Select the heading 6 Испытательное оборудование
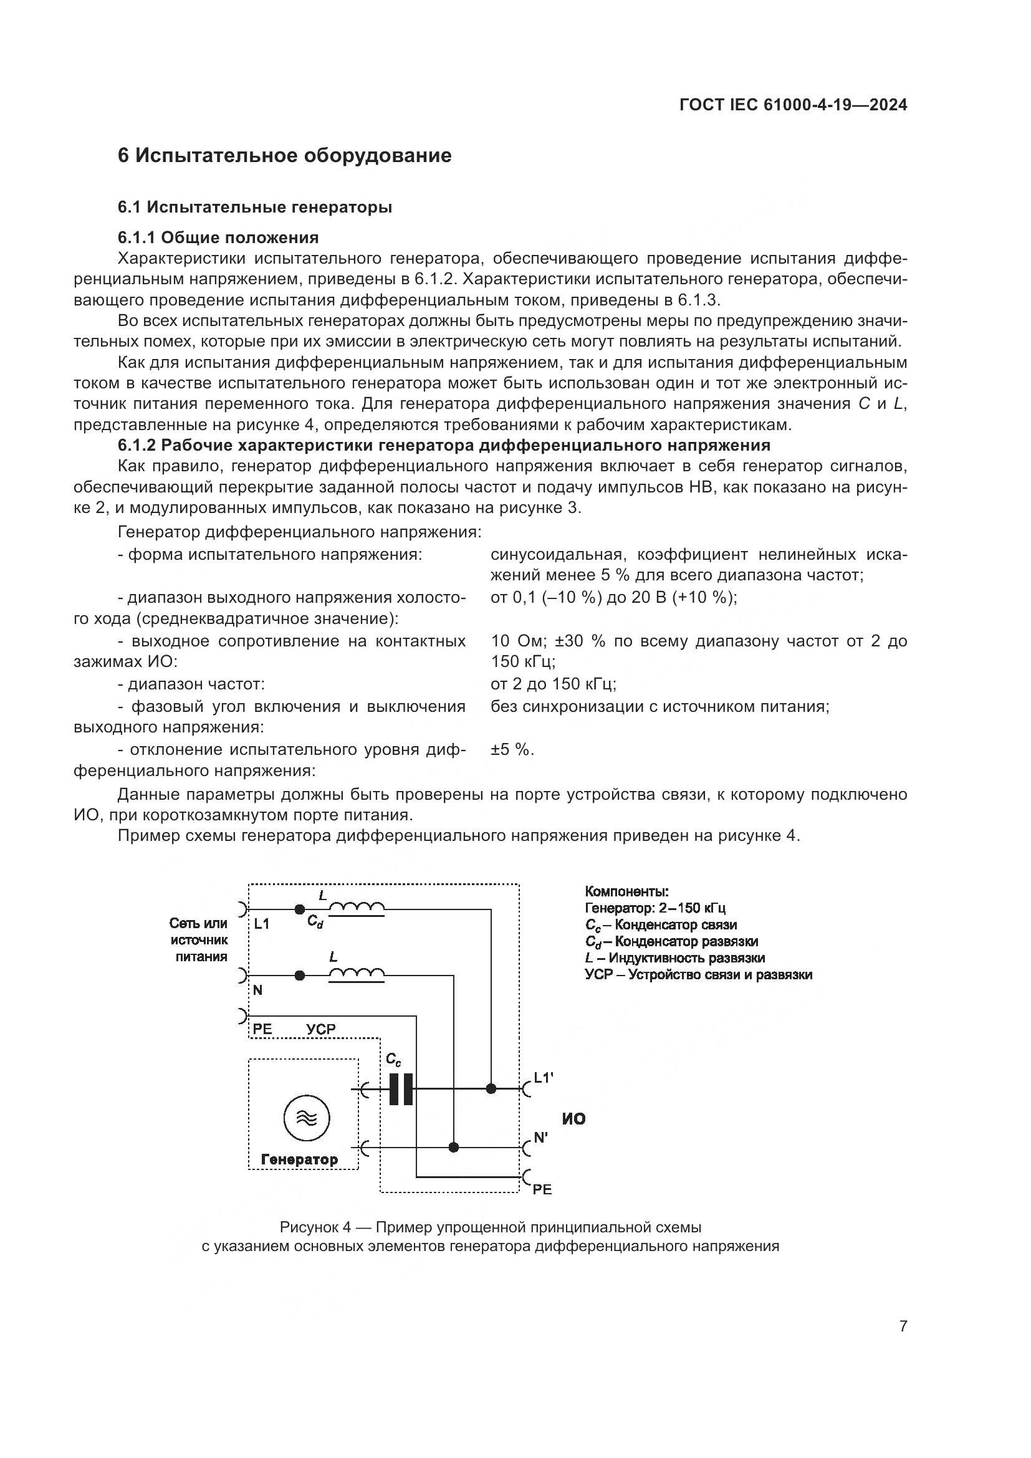coord(284,156)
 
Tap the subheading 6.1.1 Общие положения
coord(218,237)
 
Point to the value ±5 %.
coord(512,750)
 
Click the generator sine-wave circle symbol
coord(306,1118)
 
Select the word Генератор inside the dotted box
coord(299,1159)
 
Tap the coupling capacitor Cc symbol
coord(401,1089)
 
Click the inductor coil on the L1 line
coord(356,909)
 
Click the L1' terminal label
coord(544,1078)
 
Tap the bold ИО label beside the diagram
coord(573,1119)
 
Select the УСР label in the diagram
coord(320,1029)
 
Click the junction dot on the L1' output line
coord(491,1089)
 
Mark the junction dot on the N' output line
coord(453,1148)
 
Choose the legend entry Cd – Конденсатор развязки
coord(671,941)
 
